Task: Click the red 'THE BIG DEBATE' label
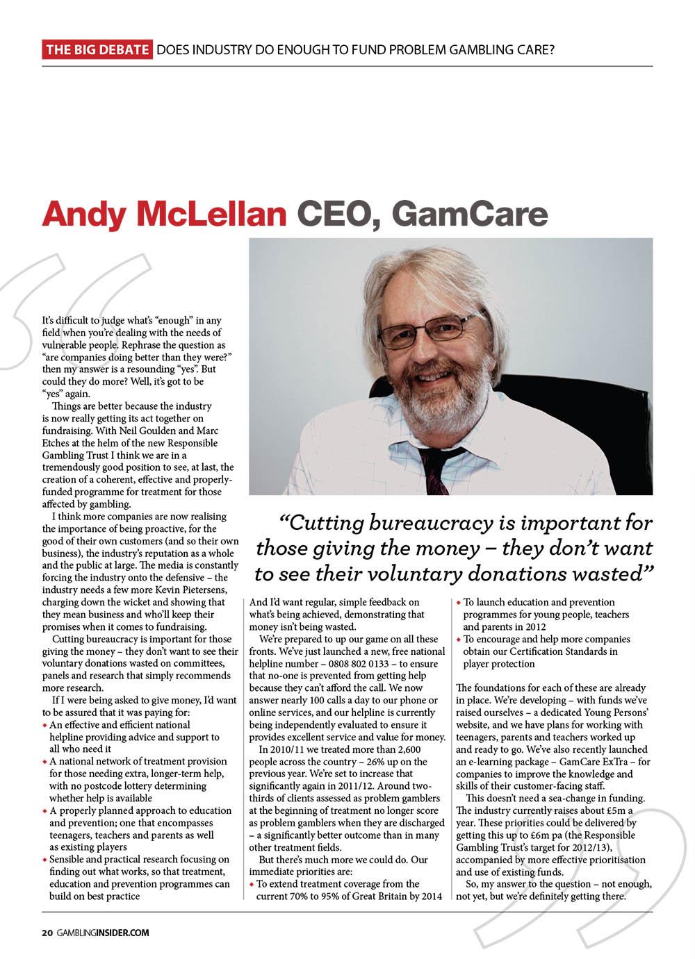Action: pos(97,50)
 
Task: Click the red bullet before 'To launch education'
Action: pos(459,603)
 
